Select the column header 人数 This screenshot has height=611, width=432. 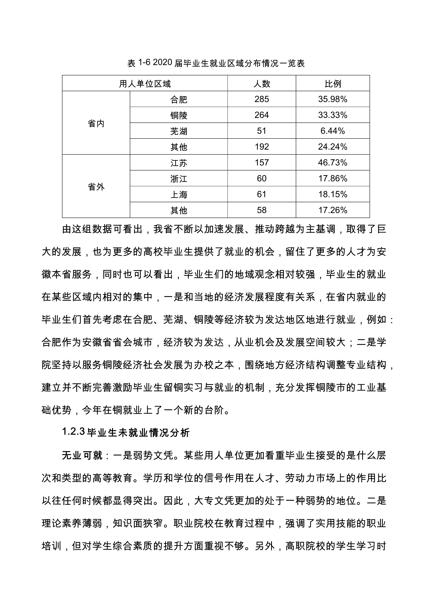point(262,84)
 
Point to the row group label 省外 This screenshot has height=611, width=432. point(96,187)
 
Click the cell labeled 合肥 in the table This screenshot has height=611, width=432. point(179,100)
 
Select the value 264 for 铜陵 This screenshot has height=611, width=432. point(262,115)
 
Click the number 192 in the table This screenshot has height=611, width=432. point(262,147)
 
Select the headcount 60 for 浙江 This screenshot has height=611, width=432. point(262,178)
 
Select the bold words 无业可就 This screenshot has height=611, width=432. point(82,456)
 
